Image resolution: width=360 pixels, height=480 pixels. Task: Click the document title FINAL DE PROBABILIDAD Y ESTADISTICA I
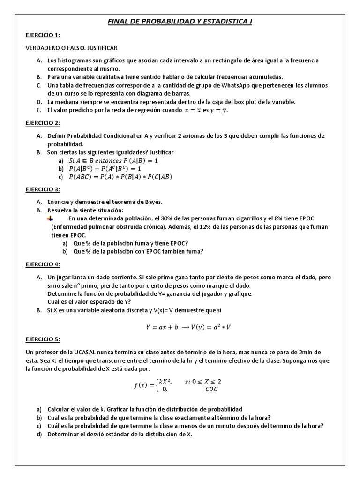[180, 22]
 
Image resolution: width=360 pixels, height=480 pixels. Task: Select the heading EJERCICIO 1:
[42, 35]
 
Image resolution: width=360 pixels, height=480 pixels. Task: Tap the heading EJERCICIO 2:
[42, 123]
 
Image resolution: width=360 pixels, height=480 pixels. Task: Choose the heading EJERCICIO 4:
[42, 264]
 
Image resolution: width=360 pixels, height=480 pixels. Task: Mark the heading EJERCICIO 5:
[42, 339]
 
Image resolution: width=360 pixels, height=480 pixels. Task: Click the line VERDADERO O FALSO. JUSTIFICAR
[71, 48]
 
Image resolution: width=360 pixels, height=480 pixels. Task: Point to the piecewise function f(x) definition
[176, 385]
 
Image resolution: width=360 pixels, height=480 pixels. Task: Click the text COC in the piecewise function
[211, 389]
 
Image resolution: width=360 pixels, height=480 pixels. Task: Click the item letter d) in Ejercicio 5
[39, 434]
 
